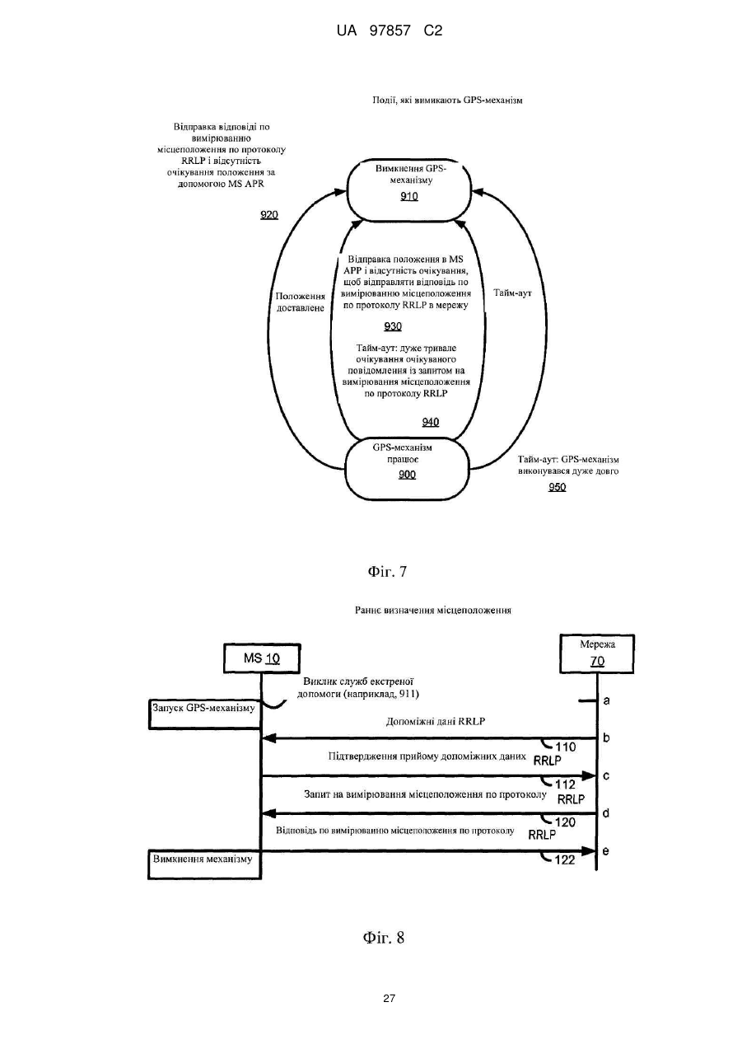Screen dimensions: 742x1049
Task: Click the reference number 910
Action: click(408, 196)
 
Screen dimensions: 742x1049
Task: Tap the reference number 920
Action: click(269, 215)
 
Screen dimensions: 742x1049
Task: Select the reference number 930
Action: click(393, 326)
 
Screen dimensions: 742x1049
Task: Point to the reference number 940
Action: click(430, 422)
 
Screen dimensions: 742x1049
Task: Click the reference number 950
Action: click(557, 487)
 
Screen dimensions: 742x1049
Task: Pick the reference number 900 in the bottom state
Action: click(407, 475)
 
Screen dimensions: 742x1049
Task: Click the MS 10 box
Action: click(262, 658)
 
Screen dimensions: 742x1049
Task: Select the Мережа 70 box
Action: click(597, 653)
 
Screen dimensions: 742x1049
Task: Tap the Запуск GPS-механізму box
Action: click(204, 714)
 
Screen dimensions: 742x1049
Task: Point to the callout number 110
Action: click(565, 747)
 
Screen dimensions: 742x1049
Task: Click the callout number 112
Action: click(565, 784)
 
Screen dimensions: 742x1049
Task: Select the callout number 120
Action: click(565, 822)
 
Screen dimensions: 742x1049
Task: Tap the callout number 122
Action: click(565, 859)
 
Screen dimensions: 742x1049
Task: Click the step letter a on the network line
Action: click(606, 701)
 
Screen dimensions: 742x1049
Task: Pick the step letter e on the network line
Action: click(606, 851)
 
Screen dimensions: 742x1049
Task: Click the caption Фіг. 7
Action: click(387, 571)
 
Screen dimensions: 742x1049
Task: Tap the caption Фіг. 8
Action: click(384, 938)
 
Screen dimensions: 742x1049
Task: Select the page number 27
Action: click(389, 999)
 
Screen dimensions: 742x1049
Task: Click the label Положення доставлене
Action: click(300, 302)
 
